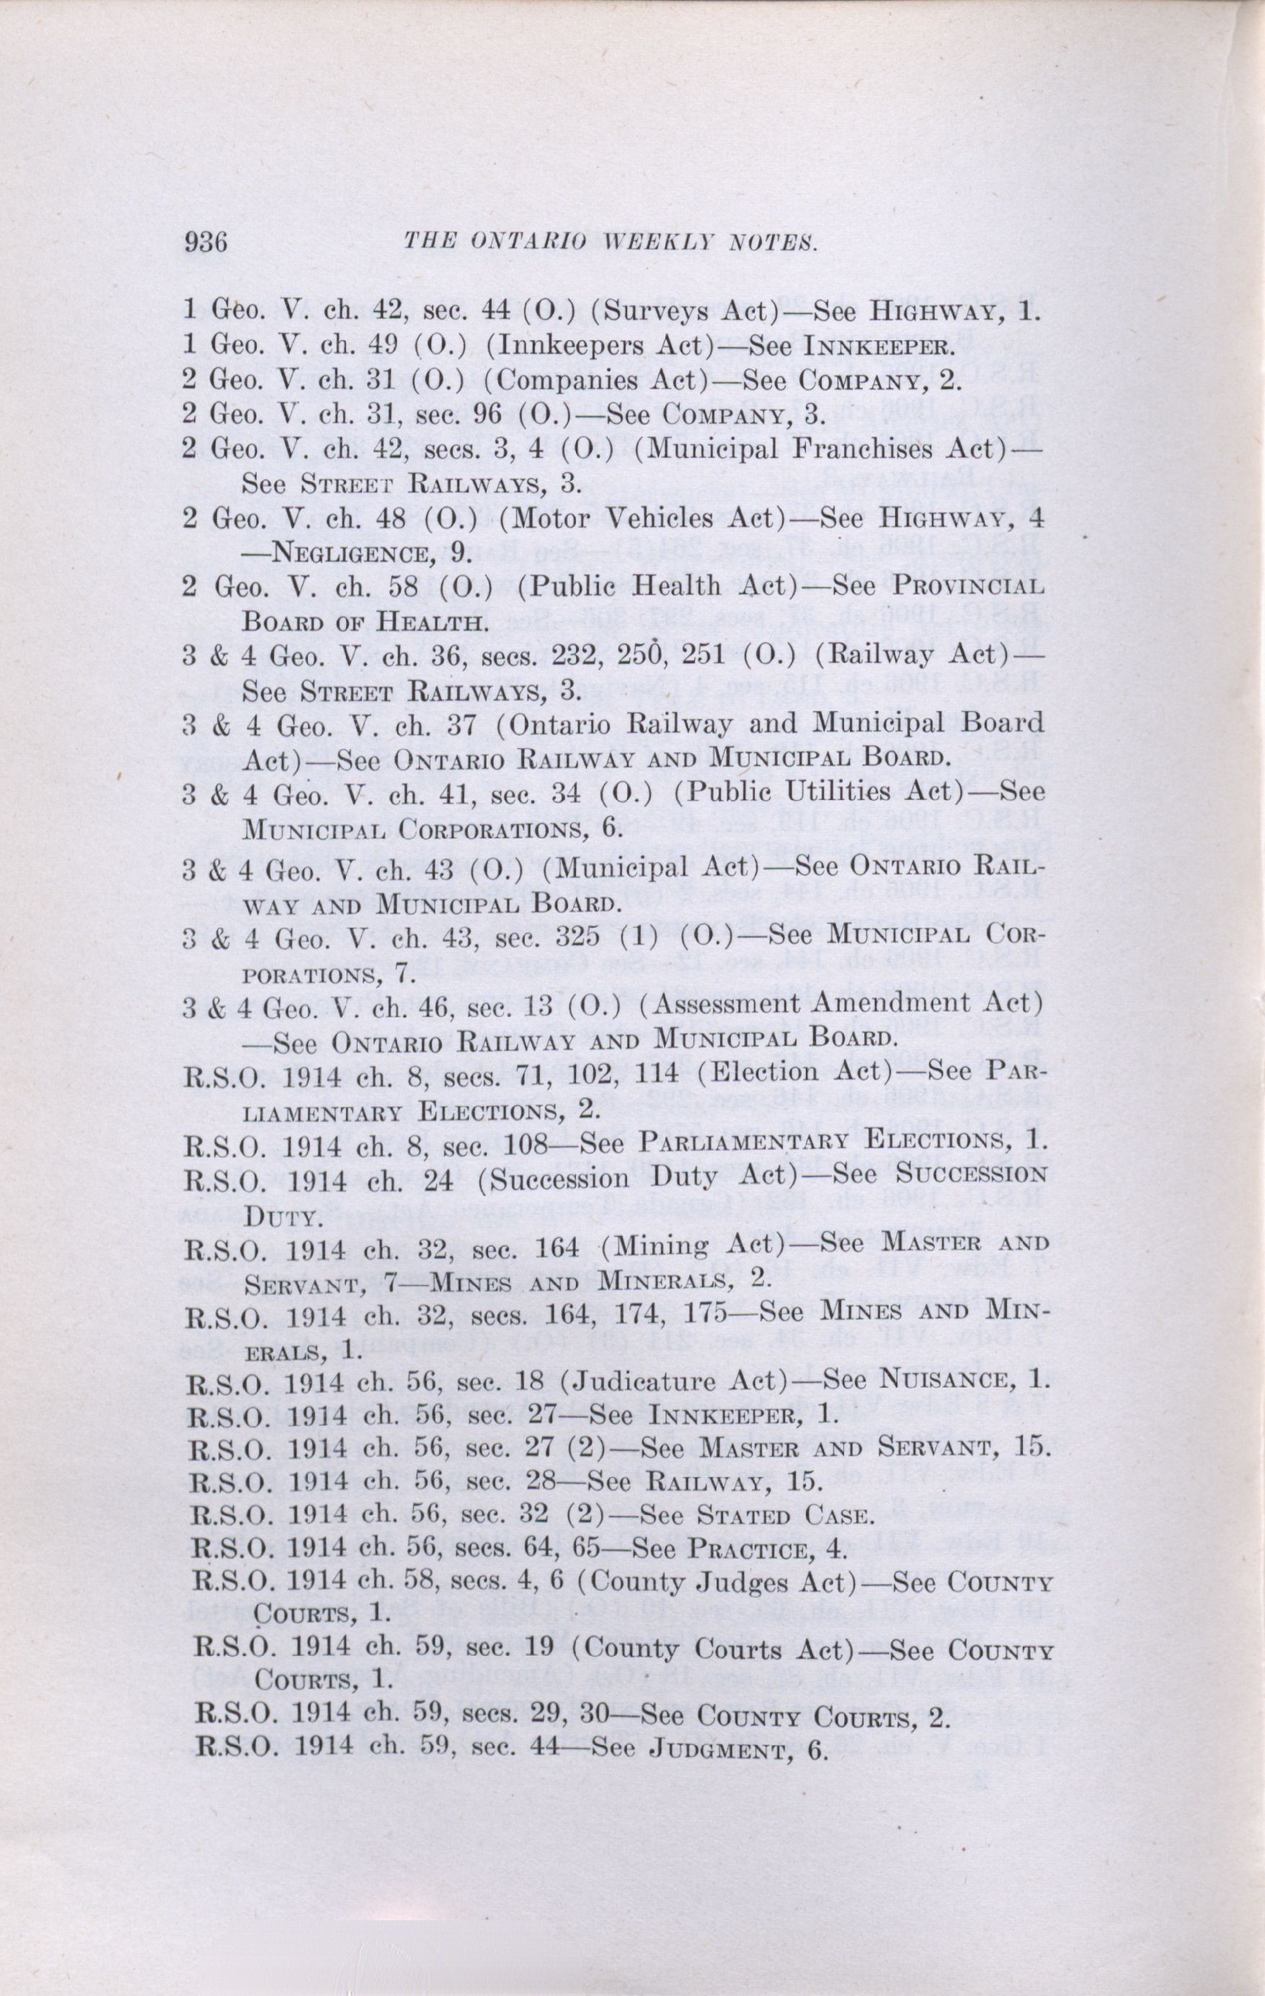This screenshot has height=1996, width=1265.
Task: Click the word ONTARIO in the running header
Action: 525,244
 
